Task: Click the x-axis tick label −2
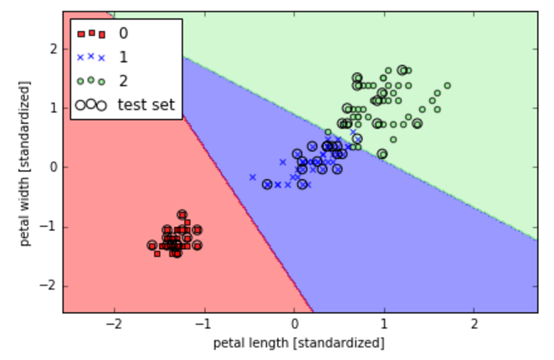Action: pos(114,323)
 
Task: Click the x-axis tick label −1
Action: pos(204,323)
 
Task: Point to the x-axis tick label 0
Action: pos(295,323)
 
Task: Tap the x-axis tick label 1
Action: pos(384,323)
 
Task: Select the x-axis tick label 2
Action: pos(474,323)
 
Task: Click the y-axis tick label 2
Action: pos(54,49)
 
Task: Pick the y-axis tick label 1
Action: pos(54,108)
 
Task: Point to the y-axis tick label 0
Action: pos(54,167)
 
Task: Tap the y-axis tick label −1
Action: pos(49,226)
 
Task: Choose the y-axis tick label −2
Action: pos(49,285)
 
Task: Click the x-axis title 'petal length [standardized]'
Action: pos(299,343)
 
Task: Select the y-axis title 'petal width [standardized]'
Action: pos(25,163)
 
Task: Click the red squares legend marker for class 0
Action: pos(91,33)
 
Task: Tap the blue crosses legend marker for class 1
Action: pos(91,57)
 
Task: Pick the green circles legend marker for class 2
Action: pos(91,81)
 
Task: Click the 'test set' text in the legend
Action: pos(146,105)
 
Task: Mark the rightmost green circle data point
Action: pos(448,85)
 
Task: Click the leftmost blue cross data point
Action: pos(253,177)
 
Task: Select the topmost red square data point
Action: pos(182,214)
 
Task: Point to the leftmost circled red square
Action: pos(152,245)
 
